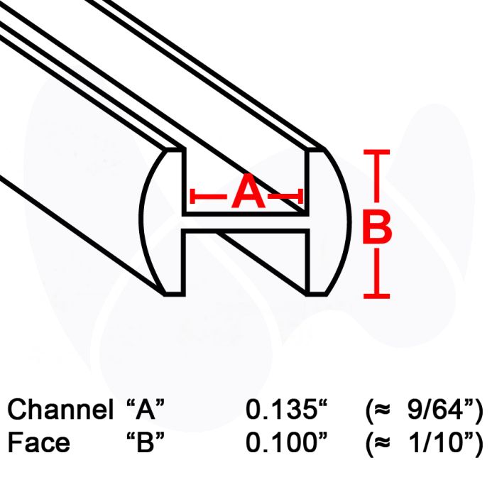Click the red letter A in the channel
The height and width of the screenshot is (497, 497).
[248, 191]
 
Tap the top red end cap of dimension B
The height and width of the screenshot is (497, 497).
[376, 152]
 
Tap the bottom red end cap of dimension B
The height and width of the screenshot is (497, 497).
[376, 296]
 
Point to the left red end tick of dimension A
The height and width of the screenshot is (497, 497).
[192, 196]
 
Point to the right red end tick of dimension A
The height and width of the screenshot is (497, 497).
[300, 196]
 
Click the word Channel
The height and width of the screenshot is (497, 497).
[60, 409]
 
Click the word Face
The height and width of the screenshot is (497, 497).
[38, 442]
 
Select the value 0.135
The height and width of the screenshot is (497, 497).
[283, 409]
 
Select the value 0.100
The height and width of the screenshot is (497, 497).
[281, 442]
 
